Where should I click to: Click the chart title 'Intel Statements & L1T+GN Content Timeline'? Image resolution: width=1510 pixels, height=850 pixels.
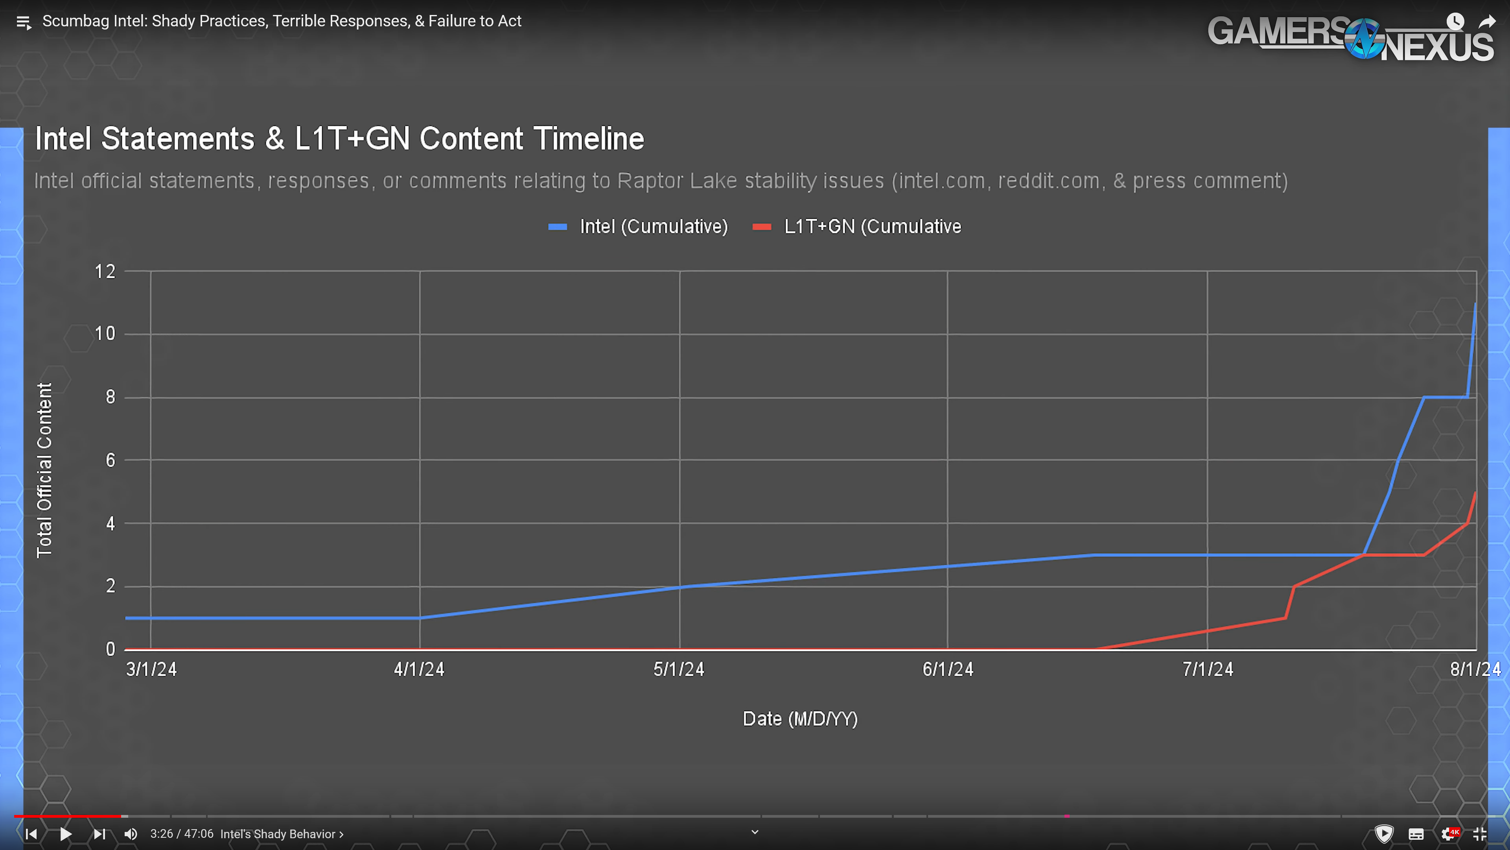pyautogui.click(x=339, y=139)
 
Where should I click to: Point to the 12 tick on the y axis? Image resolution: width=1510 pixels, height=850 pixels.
pyautogui.click(x=105, y=272)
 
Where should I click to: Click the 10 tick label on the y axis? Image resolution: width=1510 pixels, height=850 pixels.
pyautogui.click(x=105, y=334)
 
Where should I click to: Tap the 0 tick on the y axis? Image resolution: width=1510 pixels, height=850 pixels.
pyautogui.click(x=110, y=649)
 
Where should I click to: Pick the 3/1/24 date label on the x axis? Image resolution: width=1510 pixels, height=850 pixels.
pyautogui.click(x=151, y=669)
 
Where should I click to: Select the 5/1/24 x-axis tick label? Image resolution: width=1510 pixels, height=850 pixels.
pyautogui.click(x=679, y=669)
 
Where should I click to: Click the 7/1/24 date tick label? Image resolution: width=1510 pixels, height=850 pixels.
pyautogui.click(x=1208, y=669)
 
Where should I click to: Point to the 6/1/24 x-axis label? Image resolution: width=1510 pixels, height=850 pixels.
pyautogui.click(x=948, y=669)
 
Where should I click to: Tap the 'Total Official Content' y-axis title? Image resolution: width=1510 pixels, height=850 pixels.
pyautogui.click(x=44, y=470)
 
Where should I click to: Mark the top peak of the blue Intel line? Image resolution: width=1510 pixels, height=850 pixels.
pyautogui.click(x=1475, y=304)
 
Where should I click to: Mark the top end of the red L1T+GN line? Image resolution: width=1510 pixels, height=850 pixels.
pyautogui.click(x=1475, y=493)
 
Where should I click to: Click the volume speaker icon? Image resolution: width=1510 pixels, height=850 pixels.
pyautogui.click(x=131, y=833)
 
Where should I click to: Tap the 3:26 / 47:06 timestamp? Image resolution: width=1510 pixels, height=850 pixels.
pyautogui.click(x=181, y=833)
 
